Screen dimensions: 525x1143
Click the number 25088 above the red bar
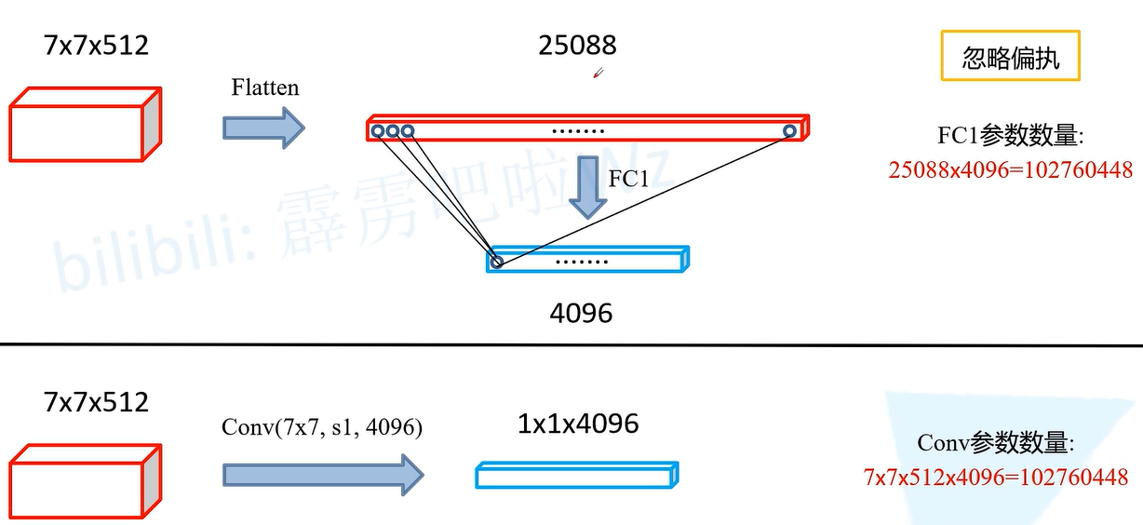(577, 45)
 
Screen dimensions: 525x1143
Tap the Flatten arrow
(263, 128)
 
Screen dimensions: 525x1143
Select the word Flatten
(265, 87)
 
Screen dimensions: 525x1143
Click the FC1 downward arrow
(587, 186)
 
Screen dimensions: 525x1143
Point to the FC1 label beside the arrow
(628, 179)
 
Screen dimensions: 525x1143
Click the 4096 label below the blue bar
(581, 313)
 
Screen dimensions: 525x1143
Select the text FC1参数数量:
(1011, 136)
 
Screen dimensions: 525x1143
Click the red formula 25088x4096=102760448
(1011, 169)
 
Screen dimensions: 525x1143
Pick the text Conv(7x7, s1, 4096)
(322, 427)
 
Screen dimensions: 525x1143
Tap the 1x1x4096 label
(578, 424)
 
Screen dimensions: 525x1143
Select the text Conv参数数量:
(996, 443)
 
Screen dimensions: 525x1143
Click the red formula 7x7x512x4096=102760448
(996, 478)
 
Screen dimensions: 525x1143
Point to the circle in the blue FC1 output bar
(496, 262)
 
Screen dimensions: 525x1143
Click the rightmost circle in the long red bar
(789, 131)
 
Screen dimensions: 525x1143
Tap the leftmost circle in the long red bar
(378, 131)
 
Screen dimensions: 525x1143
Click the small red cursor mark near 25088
(598, 73)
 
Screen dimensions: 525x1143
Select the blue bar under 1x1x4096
(577, 476)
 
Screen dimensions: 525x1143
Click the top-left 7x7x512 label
(96, 45)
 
